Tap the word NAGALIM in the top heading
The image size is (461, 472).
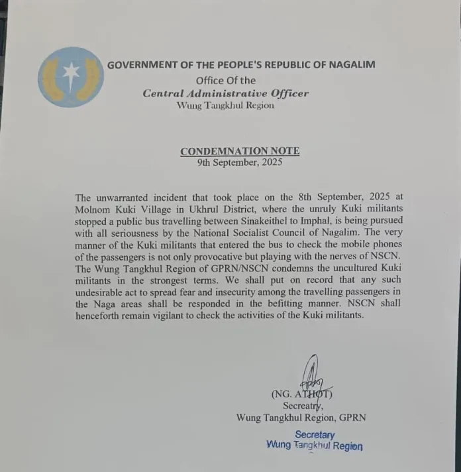[349, 65]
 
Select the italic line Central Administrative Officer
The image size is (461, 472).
[225, 93]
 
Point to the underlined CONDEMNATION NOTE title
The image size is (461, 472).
[240, 151]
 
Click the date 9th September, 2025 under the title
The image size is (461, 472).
[240, 162]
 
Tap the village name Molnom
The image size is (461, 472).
[95, 209]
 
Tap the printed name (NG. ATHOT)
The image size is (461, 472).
[301, 394]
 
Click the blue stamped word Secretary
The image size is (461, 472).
[315, 435]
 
